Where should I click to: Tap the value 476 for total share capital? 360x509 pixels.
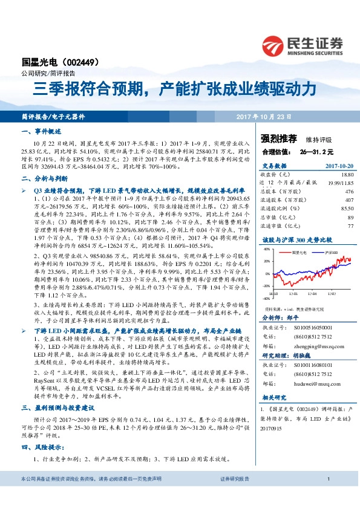pos(347,190)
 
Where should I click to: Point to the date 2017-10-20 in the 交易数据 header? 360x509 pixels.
pos(338,164)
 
